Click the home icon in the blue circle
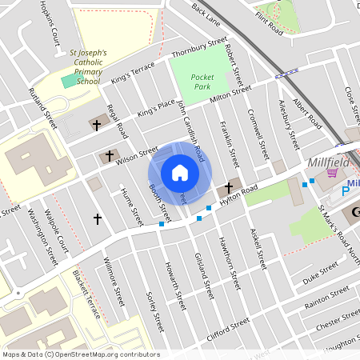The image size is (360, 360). (179, 173)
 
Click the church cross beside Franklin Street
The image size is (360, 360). (229, 186)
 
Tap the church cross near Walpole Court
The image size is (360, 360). (98, 218)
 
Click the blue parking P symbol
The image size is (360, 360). (346, 190)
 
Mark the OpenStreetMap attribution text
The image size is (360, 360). (80, 354)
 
